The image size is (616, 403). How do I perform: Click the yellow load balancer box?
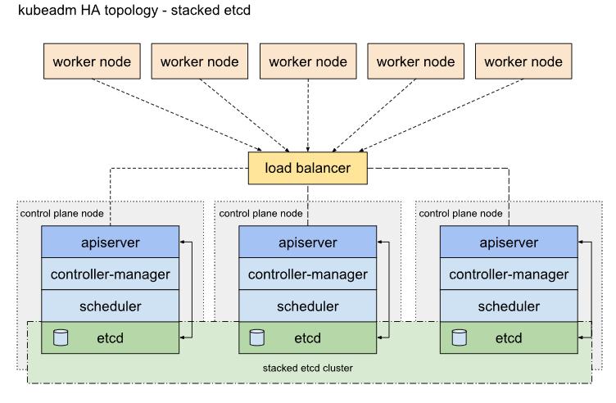[x=308, y=168]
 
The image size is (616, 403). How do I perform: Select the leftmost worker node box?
[x=92, y=61]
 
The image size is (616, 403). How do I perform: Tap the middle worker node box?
[x=308, y=61]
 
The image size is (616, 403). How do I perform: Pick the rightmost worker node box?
[x=523, y=61]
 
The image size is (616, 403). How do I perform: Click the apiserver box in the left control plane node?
[x=110, y=242]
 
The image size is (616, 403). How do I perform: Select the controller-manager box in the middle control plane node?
[x=308, y=274]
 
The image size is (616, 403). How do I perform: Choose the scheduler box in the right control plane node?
[x=509, y=306]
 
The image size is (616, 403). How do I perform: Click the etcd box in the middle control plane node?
[x=308, y=337]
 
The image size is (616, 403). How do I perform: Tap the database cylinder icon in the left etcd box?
[x=61, y=337]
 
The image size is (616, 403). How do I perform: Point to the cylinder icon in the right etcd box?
[x=460, y=337]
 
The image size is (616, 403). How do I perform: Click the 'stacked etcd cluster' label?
[x=308, y=368]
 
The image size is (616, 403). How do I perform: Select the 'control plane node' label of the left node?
[x=61, y=213]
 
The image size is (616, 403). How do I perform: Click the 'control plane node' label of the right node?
[x=460, y=213]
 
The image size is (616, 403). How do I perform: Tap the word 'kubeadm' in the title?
[x=48, y=10]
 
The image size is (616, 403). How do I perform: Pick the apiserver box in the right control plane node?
[x=509, y=242]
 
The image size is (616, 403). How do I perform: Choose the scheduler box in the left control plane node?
[x=110, y=306]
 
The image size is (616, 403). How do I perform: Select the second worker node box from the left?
[x=200, y=61]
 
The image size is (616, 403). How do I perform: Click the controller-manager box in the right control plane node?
[x=509, y=274]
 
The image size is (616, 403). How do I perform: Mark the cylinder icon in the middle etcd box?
[x=257, y=337]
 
